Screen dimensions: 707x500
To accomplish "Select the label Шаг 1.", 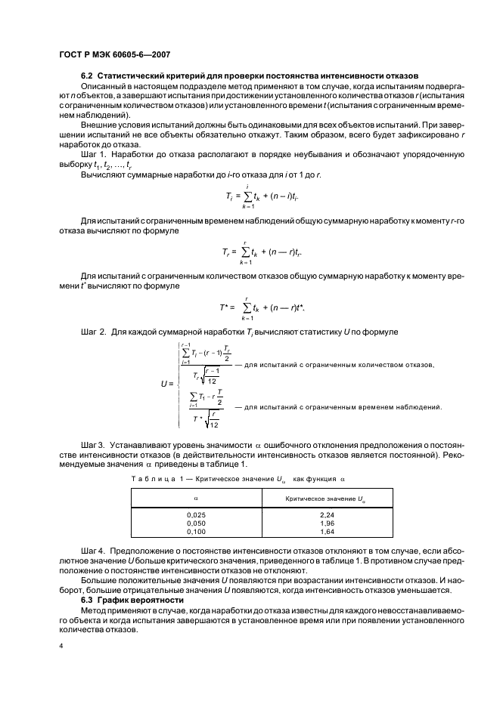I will coord(95,151).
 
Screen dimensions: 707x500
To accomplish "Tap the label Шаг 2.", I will coord(95,332).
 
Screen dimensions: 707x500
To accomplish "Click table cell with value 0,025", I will coord(195,514).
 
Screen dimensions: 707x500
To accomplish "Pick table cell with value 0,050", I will coord(195,523).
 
